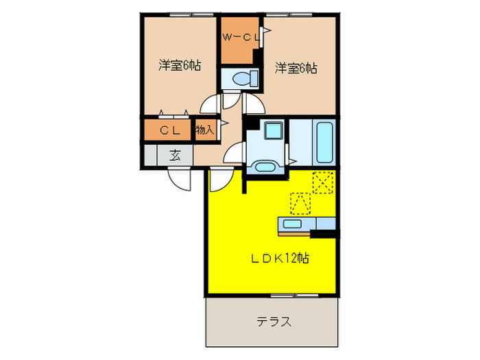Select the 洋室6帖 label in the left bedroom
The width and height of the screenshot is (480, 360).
[x=180, y=67]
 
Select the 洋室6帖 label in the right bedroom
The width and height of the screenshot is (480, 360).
[x=296, y=68]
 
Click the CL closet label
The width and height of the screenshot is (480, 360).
[x=169, y=130]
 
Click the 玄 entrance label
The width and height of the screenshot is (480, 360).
[x=176, y=155]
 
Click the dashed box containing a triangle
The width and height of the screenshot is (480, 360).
[x=299, y=204]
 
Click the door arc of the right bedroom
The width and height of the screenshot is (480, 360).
[x=252, y=104]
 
